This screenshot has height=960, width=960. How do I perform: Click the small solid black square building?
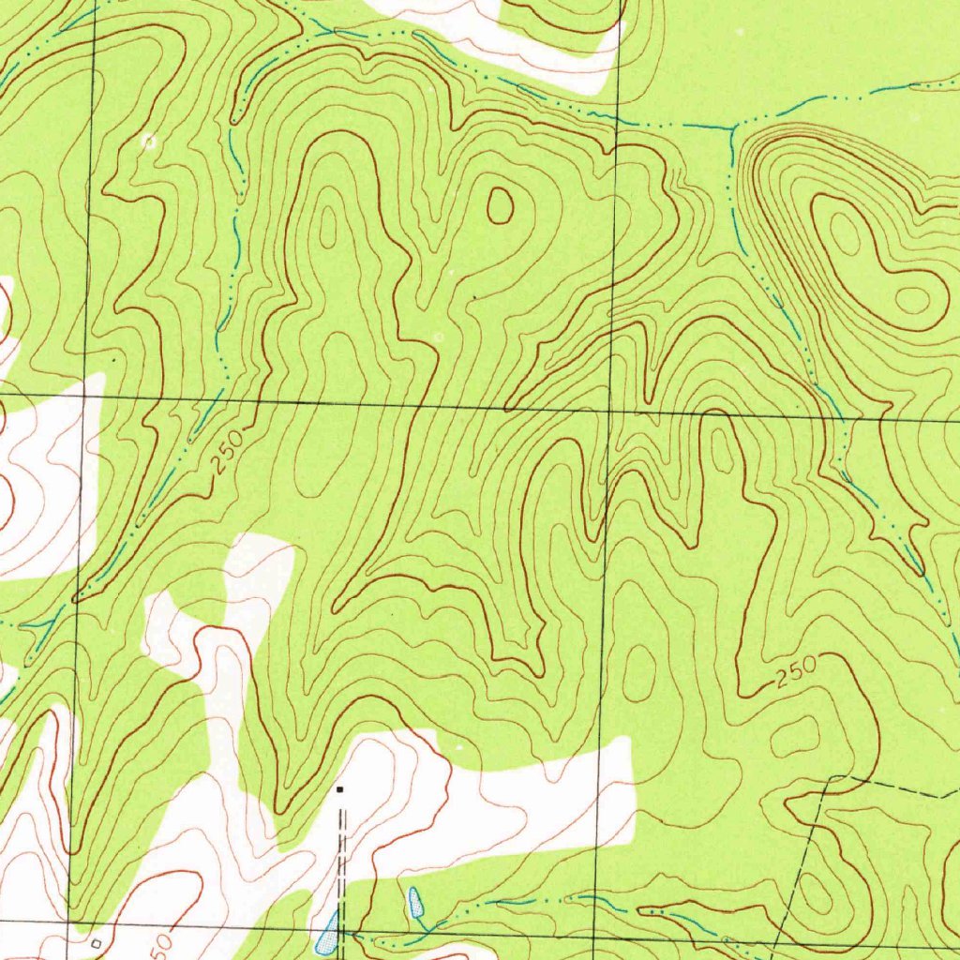(x=340, y=789)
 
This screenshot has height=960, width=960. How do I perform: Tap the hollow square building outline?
(x=95, y=941)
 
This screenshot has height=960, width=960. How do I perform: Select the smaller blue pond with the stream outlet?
(x=414, y=903)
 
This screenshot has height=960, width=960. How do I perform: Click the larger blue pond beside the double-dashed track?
(x=327, y=933)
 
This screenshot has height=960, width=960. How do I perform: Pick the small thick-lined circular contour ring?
(x=499, y=205)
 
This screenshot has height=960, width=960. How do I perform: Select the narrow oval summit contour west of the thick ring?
(x=328, y=225)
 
